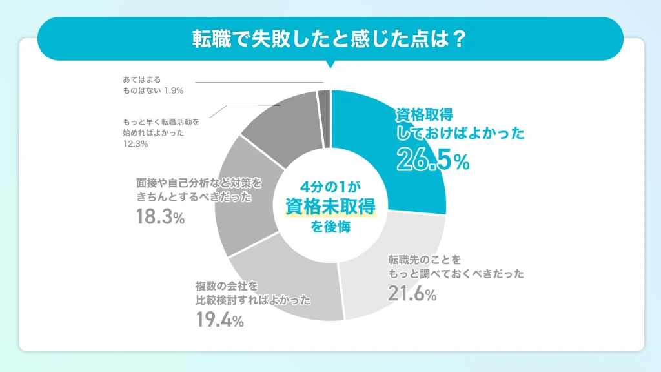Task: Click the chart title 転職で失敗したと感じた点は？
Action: click(330, 38)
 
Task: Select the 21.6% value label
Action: click(412, 294)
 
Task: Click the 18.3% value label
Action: click(160, 218)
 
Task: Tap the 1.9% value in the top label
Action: click(173, 90)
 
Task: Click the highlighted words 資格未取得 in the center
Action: click(330, 205)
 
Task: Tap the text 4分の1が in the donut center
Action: click(330, 185)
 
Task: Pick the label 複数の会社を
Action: click(227, 285)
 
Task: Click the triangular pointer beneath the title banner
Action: click(330, 64)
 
